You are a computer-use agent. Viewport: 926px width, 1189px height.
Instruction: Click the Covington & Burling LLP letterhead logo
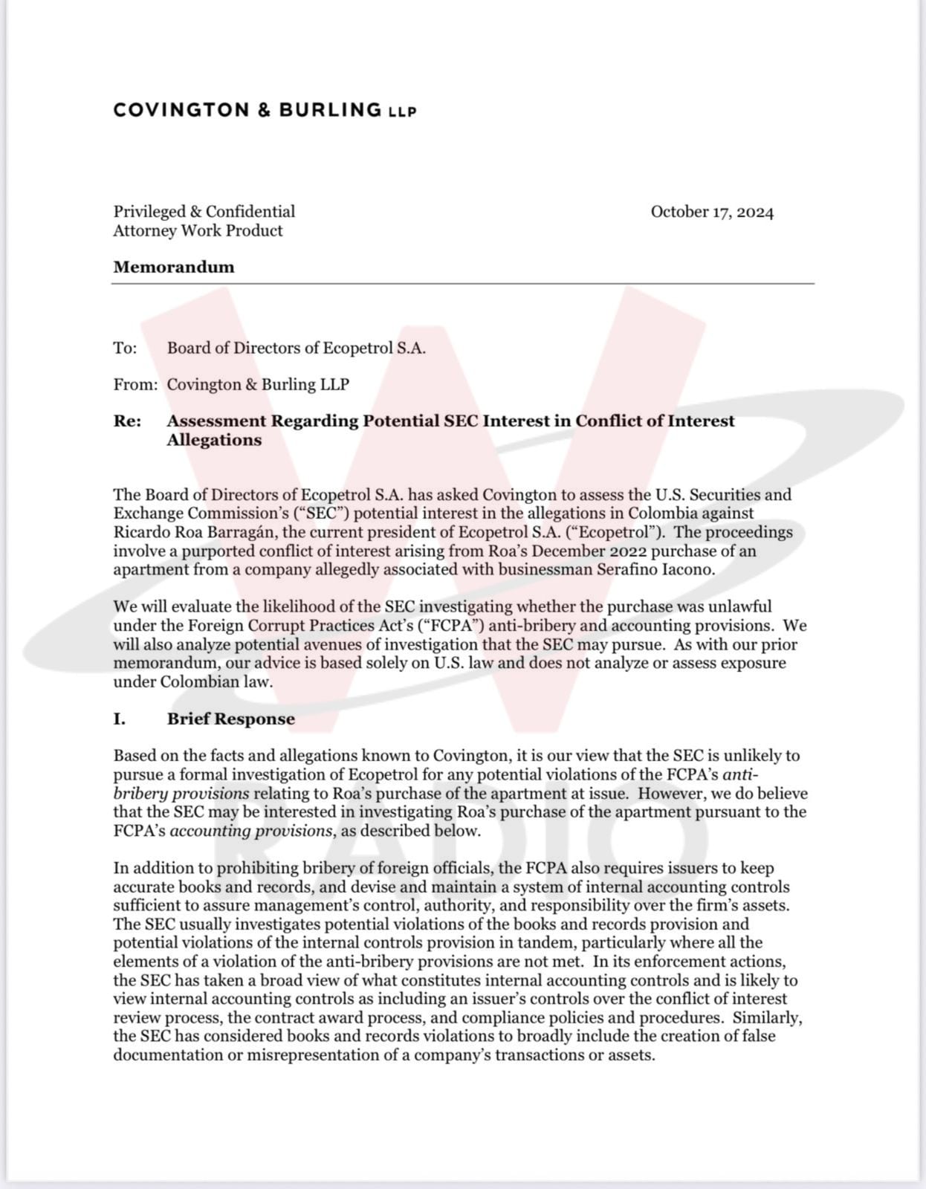point(265,110)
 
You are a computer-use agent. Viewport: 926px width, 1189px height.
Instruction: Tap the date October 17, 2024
point(712,212)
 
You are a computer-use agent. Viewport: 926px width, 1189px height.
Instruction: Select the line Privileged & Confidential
point(204,212)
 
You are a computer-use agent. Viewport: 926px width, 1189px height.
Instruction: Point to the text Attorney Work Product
point(198,230)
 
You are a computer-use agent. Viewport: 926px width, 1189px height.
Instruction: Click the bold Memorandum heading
point(174,267)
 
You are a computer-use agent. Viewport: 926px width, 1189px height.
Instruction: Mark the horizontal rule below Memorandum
point(462,283)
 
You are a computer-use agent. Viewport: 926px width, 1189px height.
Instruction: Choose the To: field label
point(125,348)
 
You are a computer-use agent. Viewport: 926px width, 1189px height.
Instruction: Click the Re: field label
point(127,421)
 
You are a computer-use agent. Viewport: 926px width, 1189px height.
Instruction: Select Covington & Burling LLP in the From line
point(258,384)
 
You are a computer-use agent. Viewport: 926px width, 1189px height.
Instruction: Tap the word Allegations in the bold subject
point(214,440)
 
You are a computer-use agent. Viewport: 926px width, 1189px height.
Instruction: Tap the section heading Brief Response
point(230,719)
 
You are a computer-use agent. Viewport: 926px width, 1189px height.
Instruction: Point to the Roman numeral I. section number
point(119,719)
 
